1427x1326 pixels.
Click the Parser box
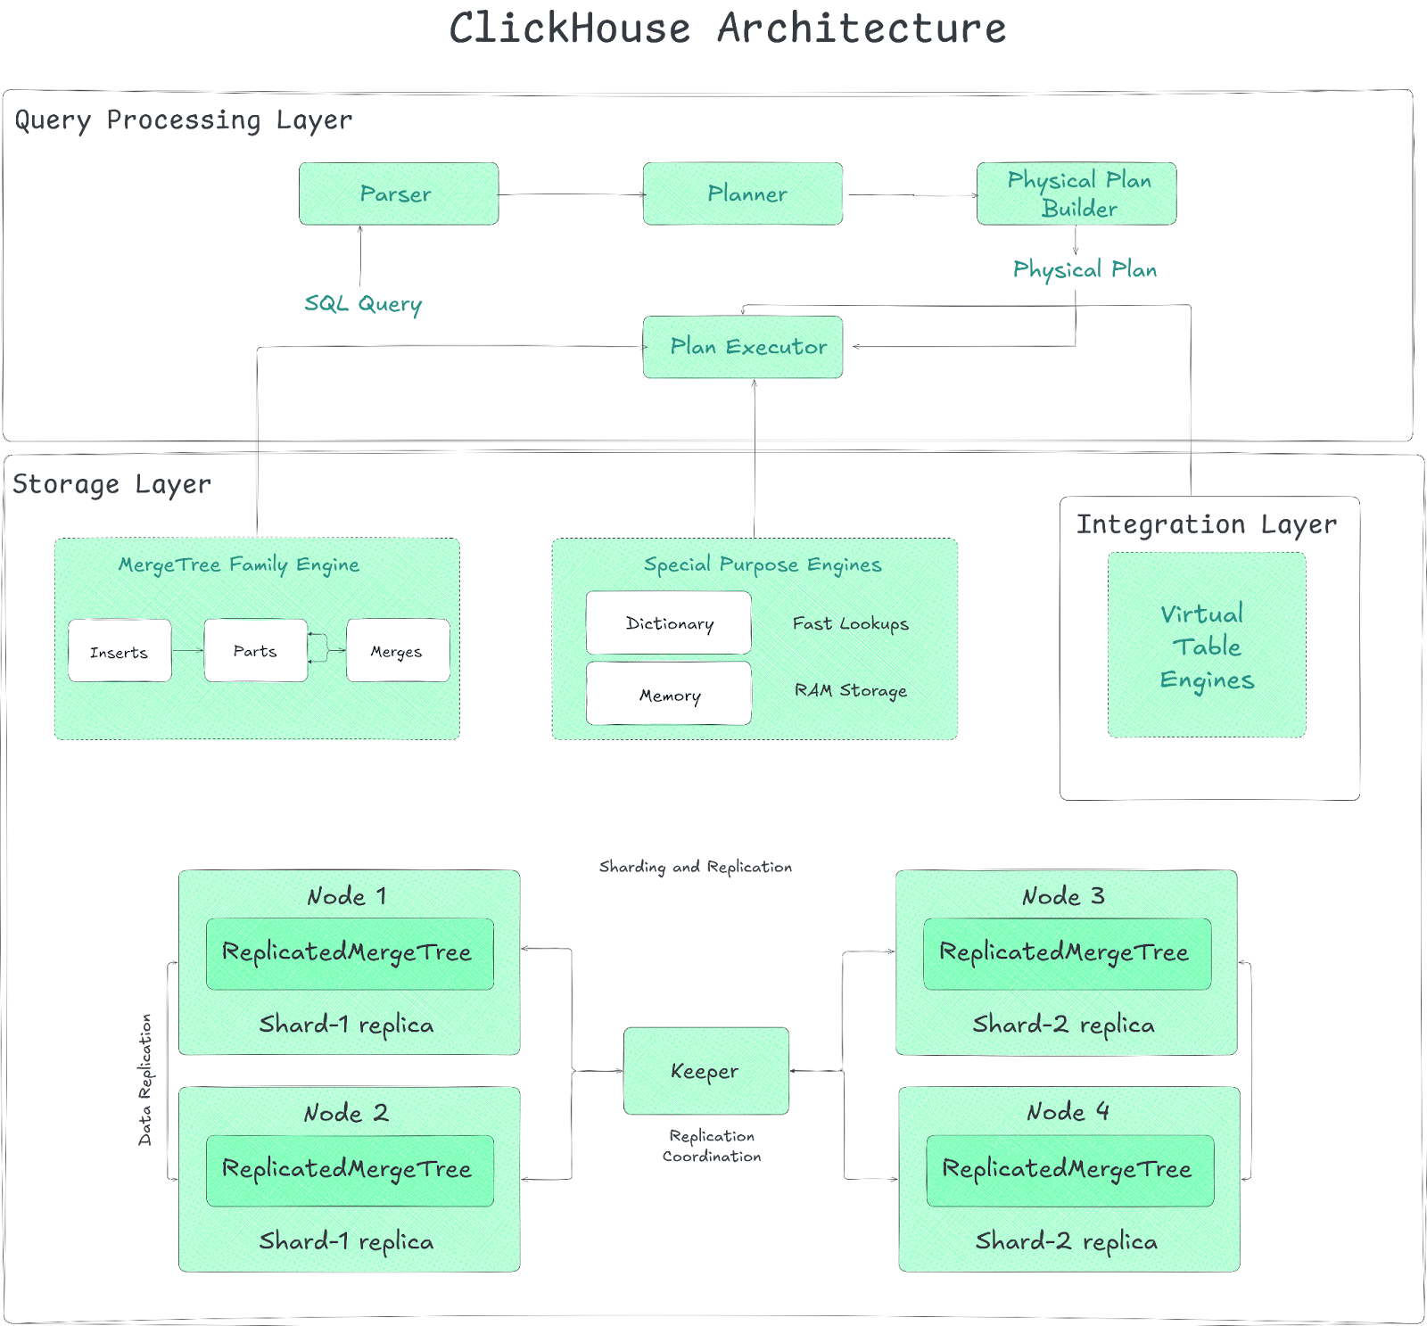click(x=399, y=194)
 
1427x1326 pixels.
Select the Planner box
click(x=743, y=194)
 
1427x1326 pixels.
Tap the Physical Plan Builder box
click(x=1076, y=194)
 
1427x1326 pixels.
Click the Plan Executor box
click(x=743, y=347)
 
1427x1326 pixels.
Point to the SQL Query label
click(x=363, y=303)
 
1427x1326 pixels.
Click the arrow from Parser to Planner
click(x=571, y=194)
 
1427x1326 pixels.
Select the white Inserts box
click(x=120, y=651)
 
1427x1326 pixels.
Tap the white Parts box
click(x=256, y=651)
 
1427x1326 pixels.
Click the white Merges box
click(x=398, y=651)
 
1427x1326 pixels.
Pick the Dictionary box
click(x=669, y=623)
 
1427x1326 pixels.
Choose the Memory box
click(x=669, y=694)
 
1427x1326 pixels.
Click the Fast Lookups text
click(x=850, y=623)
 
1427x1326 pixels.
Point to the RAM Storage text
click(x=850, y=690)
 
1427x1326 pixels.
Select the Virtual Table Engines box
click(x=1207, y=645)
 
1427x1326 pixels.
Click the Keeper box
click(x=705, y=1071)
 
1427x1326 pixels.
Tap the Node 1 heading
click(x=347, y=896)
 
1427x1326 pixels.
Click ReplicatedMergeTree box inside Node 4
click(x=1069, y=1170)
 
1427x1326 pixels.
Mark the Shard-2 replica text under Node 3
click(x=1064, y=1025)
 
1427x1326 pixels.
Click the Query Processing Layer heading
click(x=184, y=119)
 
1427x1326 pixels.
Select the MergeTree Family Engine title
click(x=239, y=564)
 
